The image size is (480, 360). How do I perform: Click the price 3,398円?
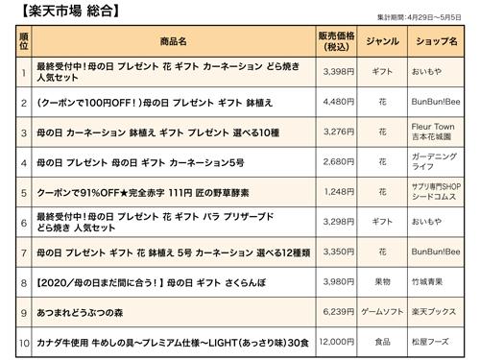tap(340, 70)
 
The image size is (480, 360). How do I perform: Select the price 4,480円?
tap(340, 101)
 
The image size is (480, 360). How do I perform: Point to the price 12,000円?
tap(338, 341)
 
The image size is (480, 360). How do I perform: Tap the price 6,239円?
tap(340, 312)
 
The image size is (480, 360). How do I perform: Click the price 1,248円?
tap(340, 191)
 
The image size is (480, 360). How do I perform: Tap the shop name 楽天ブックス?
tap(434, 312)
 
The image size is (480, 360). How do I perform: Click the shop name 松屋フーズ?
tap(434, 341)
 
